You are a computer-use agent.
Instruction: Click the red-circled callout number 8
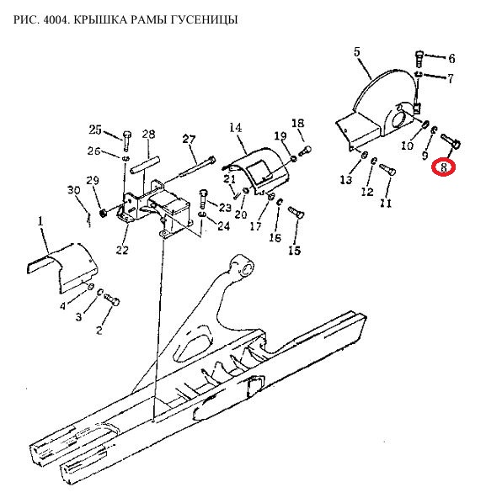point(444,167)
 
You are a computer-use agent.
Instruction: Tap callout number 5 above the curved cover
point(357,52)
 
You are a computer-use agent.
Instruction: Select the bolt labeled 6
point(419,59)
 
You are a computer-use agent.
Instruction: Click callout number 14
point(236,128)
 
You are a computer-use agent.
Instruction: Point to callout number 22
point(122,250)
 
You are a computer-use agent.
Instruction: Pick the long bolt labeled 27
point(197,167)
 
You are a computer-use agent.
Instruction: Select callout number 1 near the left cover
point(40,222)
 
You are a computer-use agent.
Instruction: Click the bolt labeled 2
point(112,299)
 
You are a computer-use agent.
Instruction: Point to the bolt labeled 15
point(296,213)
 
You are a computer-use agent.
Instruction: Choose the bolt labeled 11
point(387,169)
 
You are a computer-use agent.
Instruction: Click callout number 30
point(73,190)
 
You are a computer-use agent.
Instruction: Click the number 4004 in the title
point(54,20)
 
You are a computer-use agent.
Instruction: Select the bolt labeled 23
point(203,199)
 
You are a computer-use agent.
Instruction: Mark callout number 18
point(298,123)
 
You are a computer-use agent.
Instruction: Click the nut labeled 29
point(103,213)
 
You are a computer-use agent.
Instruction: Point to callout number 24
point(224,226)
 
